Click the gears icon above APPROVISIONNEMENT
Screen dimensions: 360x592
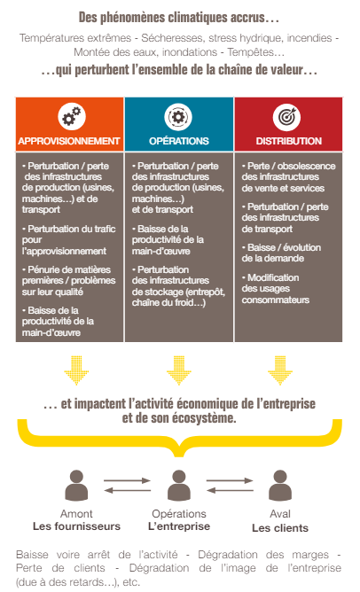point(72,117)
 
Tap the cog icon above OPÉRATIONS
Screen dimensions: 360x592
point(178,117)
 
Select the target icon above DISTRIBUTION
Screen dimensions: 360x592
point(287,117)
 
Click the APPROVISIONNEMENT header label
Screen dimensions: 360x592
point(69,141)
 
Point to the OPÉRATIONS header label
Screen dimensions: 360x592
point(179,141)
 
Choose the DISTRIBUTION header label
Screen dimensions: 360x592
point(289,141)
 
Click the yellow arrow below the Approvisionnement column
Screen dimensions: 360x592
point(76,370)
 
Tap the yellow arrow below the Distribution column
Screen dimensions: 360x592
point(280,370)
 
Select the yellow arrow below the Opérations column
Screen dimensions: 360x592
point(179,370)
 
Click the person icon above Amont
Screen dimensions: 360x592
point(76,485)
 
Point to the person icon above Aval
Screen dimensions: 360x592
point(280,485)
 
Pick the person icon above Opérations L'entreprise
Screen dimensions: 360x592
point(179,485)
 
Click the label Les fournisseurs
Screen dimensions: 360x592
point(76,526)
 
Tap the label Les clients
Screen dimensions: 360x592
point(280,528)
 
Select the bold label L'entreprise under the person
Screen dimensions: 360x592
point(179,526)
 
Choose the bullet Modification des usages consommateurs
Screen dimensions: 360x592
point(276,288)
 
